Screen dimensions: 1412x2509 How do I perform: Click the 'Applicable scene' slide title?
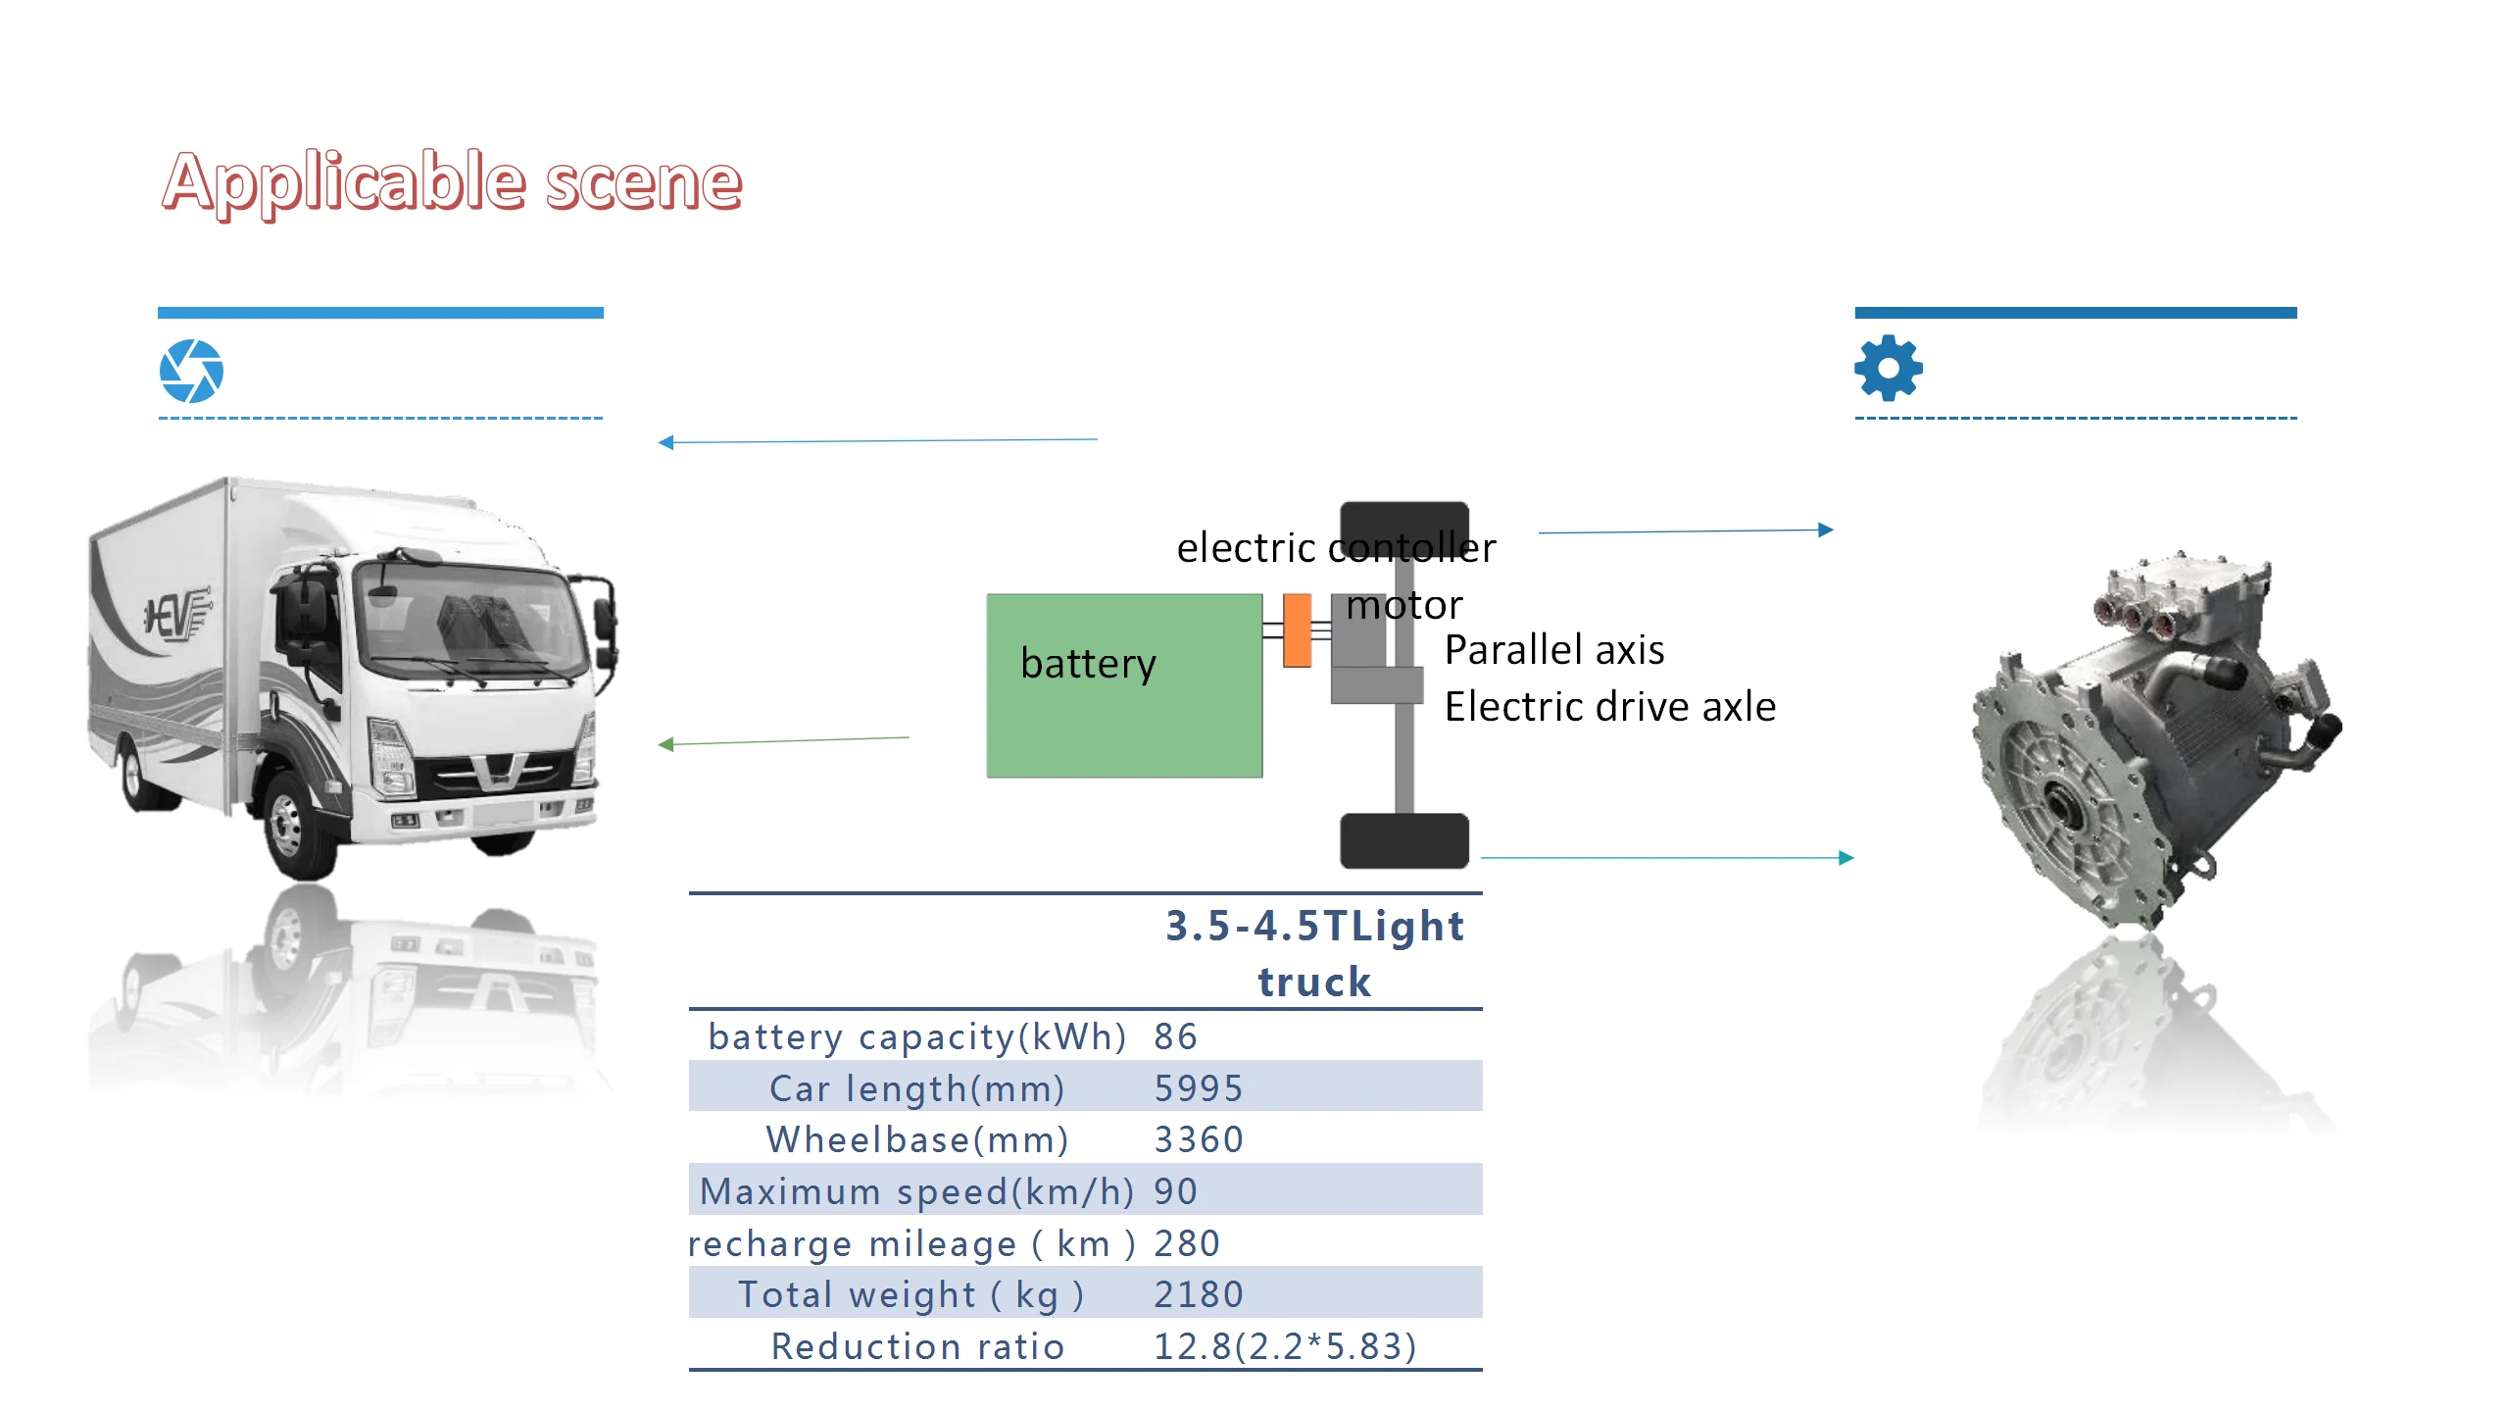[452, 182]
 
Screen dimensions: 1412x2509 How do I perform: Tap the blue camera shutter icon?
[191, 372]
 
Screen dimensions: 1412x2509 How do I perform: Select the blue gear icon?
[1888, 369]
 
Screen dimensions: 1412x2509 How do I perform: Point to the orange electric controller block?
[1297, 630]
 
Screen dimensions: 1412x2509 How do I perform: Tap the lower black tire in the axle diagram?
[1403, 840]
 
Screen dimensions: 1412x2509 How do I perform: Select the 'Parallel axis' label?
[1554, 650]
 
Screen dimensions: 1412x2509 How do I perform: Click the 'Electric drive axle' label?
[1609, 707]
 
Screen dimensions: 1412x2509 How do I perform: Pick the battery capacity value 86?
[1175, 1036]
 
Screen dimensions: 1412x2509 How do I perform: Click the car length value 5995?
[1198, 1088]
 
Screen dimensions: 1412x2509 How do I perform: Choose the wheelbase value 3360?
[1198, 1139]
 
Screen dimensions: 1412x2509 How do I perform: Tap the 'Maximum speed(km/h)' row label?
[916, 1191]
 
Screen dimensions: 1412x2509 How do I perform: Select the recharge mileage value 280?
[1186, 1243]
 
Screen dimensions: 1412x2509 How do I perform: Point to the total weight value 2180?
[1198, 1294]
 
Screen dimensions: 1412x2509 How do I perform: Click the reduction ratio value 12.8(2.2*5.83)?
[1284, 1346]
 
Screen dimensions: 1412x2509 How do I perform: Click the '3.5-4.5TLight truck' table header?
[1313, 953]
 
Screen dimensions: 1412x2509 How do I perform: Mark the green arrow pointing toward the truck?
[784, 741]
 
